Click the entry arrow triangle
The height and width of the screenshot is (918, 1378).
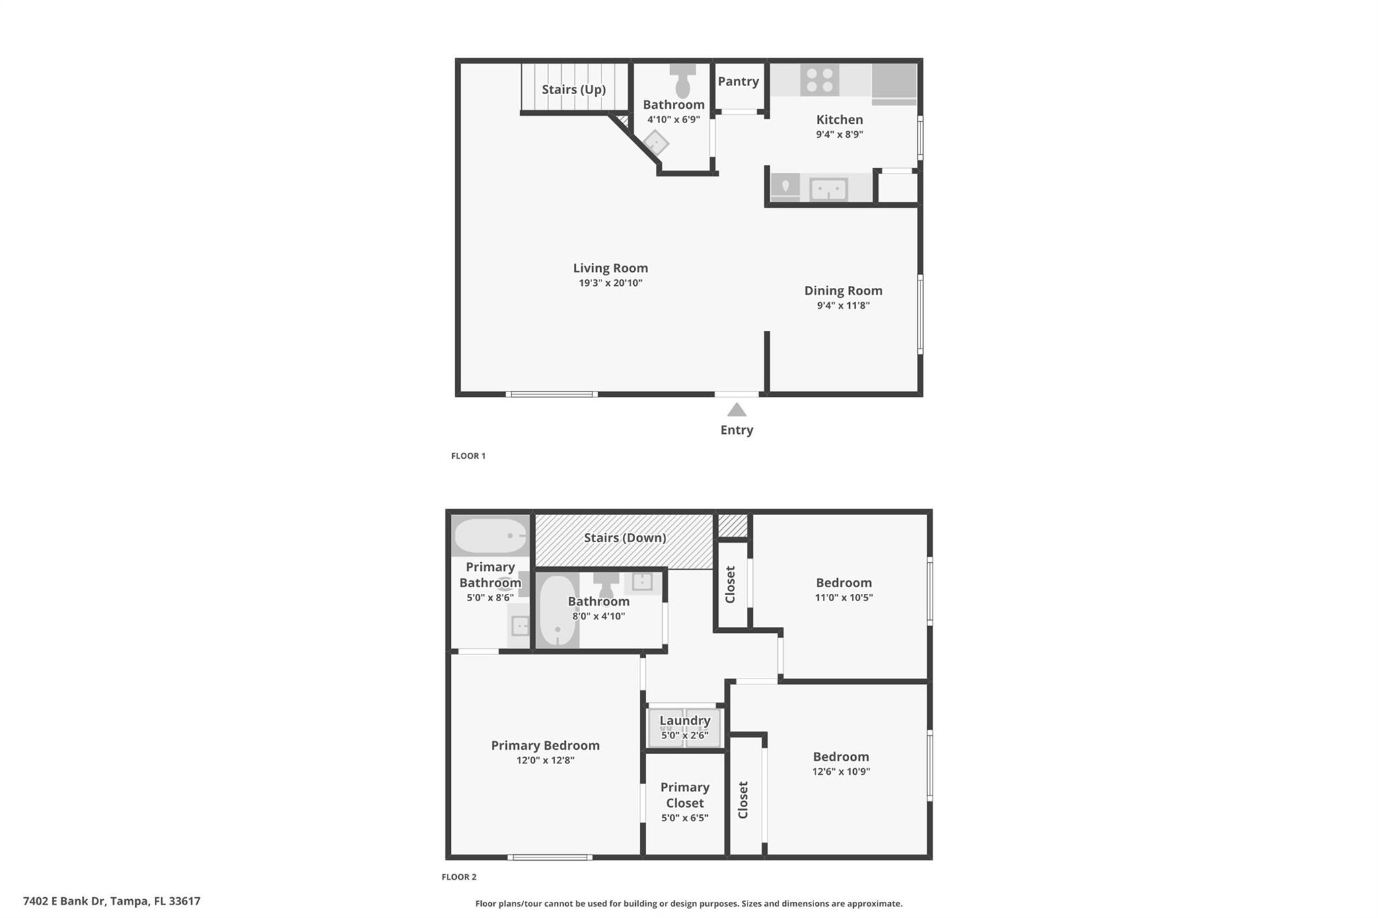(737, 410)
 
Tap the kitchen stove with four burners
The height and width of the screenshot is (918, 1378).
(820, 80)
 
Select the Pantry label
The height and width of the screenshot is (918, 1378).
(738, 81)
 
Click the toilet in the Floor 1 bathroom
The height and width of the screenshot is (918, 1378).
(682, 82)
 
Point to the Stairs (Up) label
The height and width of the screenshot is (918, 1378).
(574, 89)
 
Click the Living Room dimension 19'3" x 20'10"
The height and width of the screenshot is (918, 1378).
(610, 283)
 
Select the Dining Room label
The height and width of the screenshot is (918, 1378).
(843, 291)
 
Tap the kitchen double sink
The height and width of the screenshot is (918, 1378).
(828, 189)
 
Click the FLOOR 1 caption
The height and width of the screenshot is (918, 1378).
(468, 456)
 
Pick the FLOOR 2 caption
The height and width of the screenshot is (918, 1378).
(459, 877)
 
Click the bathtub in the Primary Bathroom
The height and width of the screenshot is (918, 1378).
(491, 536)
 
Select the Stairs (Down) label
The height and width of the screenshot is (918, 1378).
(625, 538)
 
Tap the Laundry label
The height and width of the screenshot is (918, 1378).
(685, 720)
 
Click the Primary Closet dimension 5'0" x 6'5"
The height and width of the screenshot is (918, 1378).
(685, 818)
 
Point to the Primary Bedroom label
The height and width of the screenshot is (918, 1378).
(545, 745)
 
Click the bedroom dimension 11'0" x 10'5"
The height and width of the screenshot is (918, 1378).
(844, 597)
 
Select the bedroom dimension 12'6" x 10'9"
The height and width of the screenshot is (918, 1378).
(841, 771)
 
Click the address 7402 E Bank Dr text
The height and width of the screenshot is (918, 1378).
(112, 901)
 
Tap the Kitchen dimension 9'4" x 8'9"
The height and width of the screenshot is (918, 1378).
(840, 134)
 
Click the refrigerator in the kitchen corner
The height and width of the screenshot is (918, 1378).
(894, 83)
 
